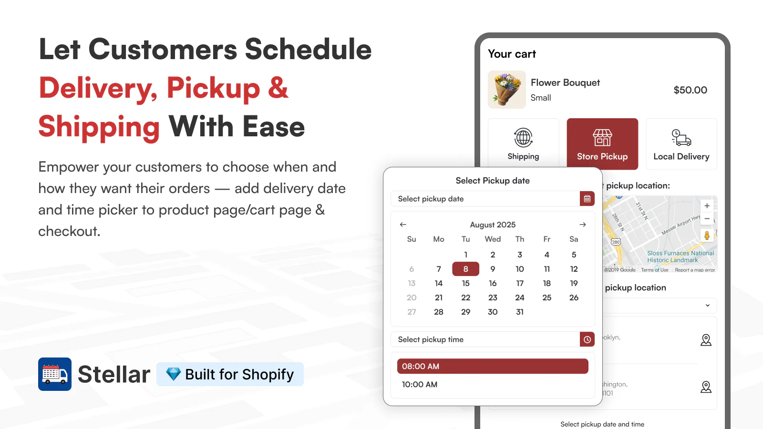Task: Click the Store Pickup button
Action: tap(602, 144)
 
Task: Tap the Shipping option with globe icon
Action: tap(523, 144)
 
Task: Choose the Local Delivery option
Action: tap(681, 144)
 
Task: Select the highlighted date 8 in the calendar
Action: tap(465, 269)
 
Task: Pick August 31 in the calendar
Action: tap(520, 312)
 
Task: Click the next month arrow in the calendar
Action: tap(582, 225)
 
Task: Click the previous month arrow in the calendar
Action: tap(403, 225)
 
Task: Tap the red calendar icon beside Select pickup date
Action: tap(587, 199)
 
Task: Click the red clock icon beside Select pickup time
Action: tap(587, 339)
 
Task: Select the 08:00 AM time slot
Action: tap(493, 366)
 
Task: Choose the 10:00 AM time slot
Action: tap(420, 385)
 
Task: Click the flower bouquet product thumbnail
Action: tap(507, 90)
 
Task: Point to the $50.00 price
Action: tap(690, 90)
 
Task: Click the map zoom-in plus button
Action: tap(707, 206)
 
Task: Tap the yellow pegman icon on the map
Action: tap(707, 235)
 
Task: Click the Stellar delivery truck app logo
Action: tap(55, 374)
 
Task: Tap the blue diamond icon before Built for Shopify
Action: tap(173, 374)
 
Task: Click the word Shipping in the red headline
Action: tap(99, 127)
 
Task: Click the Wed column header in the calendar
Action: tap(493, 239)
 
